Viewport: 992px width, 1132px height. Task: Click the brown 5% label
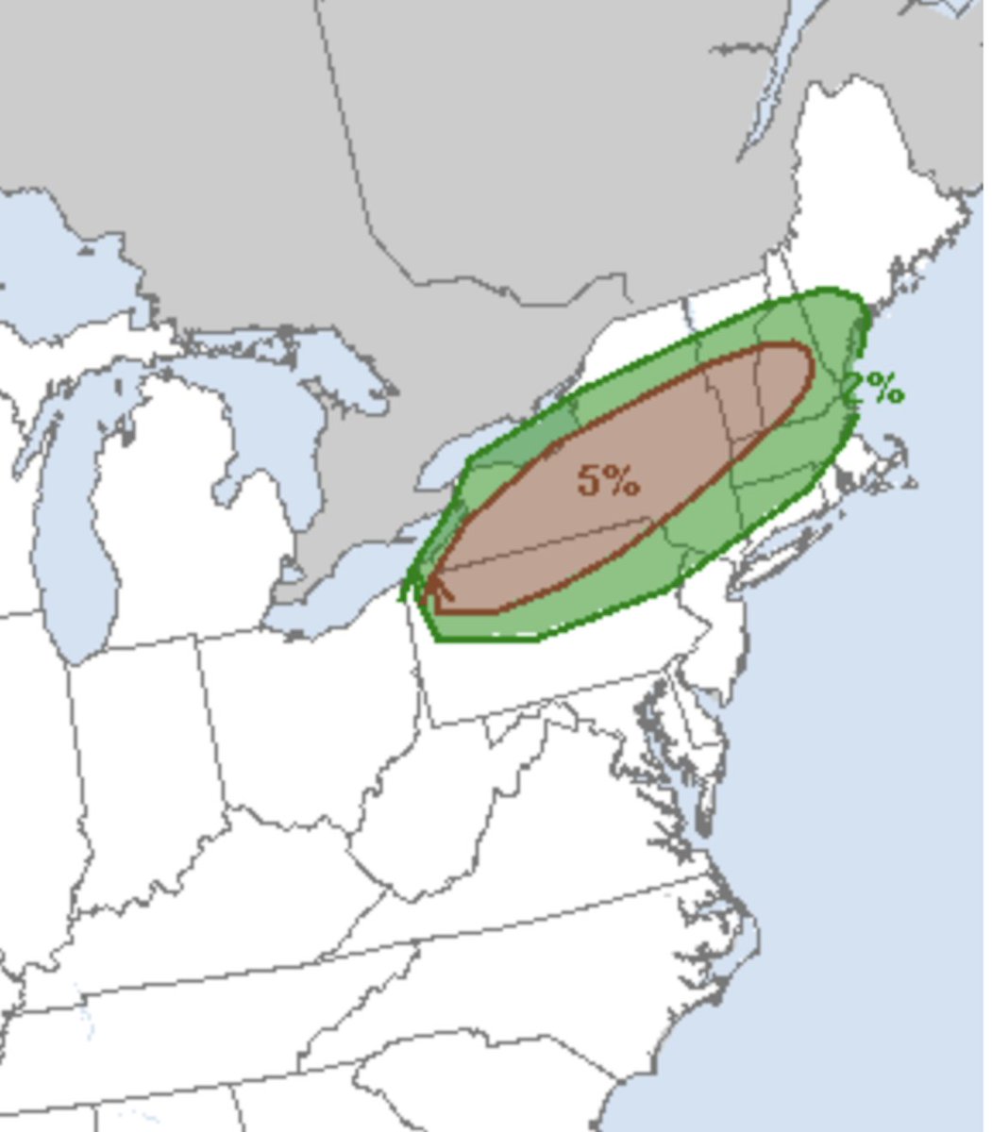click(609, 480)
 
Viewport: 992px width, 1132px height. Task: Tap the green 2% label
click(875, 387)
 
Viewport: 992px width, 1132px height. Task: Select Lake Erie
click(340, 604)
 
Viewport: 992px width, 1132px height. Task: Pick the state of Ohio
click(311, 717)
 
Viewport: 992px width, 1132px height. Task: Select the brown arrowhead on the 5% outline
click(438, 589)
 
